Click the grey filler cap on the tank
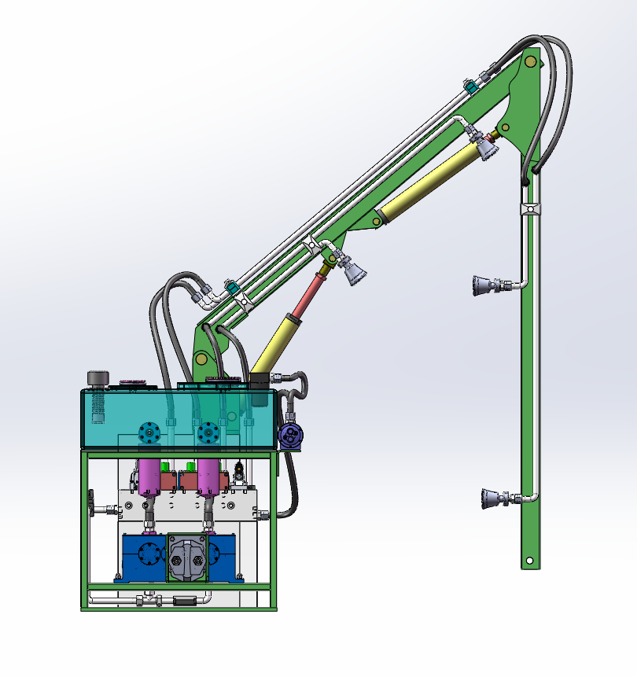click(97, 378)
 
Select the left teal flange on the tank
click(148, 432)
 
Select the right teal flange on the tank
click(208, 432)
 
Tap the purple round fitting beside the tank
click(292, 436)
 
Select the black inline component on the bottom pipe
click(183, 602)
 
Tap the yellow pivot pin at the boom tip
click(532, 61)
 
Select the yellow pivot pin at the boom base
click(202, 359)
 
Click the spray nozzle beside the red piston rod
click(353, 272)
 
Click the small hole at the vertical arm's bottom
click(530, 561)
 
